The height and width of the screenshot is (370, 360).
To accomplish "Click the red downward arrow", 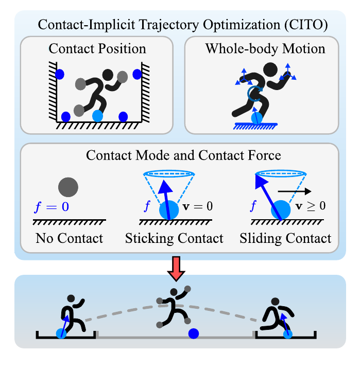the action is click(x=176, y=269).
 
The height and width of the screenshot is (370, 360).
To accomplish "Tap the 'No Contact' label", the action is click(x=69, y=238).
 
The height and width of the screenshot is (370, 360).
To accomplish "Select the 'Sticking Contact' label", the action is click(x=174, y=238).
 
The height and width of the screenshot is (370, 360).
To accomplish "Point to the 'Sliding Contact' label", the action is click(x=285, y=238).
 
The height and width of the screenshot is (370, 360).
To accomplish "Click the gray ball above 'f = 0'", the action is click(x=68, y=187).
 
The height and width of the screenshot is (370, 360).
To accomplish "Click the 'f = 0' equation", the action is click(x=52, y=207).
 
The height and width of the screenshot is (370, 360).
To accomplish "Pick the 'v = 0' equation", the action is click(x=198, y=206).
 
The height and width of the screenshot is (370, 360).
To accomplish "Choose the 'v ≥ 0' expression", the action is click(x=311, y=206).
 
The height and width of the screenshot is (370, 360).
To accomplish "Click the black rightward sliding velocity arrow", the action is click(x=294, y=191).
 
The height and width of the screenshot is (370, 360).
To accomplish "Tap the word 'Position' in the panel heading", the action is click(x=122, y=49).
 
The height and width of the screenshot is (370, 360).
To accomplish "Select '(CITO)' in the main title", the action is click(x=306, y=25).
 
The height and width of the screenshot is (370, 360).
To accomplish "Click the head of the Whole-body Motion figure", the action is click(x=270, y=69).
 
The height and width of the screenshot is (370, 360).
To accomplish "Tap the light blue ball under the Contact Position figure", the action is click(x=97, y=116).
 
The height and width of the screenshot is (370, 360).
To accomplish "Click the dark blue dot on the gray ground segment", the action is click(x=194, y=333).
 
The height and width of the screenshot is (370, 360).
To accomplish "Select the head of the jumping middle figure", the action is click(x=174, y=292).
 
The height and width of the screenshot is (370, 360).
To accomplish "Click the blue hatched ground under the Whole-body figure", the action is click(x=255, y=126).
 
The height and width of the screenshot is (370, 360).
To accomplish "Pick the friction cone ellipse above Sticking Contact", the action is click(x=169, y=173).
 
